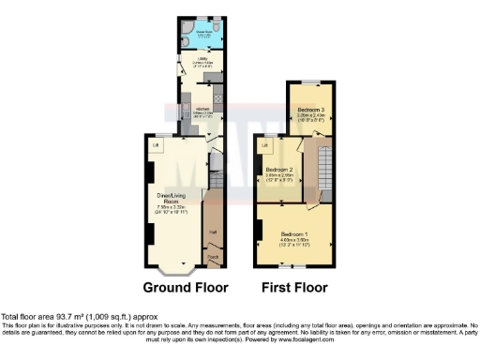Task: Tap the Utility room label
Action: [199, 62]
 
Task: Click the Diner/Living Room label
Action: [171, 199]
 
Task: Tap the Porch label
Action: [213, 256]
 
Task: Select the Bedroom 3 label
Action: [311, 111]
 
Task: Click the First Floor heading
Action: [293, 287]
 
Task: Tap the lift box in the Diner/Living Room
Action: [156, 145]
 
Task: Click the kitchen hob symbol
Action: [217, 97]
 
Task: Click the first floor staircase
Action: [325, 169]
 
